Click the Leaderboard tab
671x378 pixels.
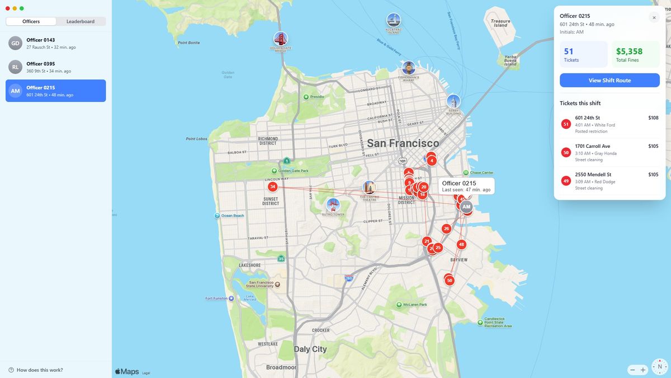[81, 21]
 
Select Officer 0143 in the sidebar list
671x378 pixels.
[56, 44]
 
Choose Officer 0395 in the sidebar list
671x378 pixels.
[56, 67]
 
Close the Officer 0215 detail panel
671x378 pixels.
[654, 17]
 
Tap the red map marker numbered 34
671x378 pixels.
[272, 186]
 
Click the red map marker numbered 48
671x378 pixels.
[461, 244]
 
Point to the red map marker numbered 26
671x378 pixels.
[446, 228]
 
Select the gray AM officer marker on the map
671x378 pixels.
[466, 207]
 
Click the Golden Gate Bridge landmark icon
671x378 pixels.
[281, 39]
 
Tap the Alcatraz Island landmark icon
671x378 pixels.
[394, 20]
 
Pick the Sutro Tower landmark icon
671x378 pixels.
[333, 204]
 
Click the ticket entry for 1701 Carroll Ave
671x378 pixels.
[609, 152]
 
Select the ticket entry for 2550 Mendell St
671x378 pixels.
[609, 181]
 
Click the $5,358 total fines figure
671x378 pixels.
[629, 52]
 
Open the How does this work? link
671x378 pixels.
[39, 370]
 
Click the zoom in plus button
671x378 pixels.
[643, 370]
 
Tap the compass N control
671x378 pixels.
[660, 367]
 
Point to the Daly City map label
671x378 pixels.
[310, 349]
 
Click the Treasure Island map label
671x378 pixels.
[500, 23]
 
